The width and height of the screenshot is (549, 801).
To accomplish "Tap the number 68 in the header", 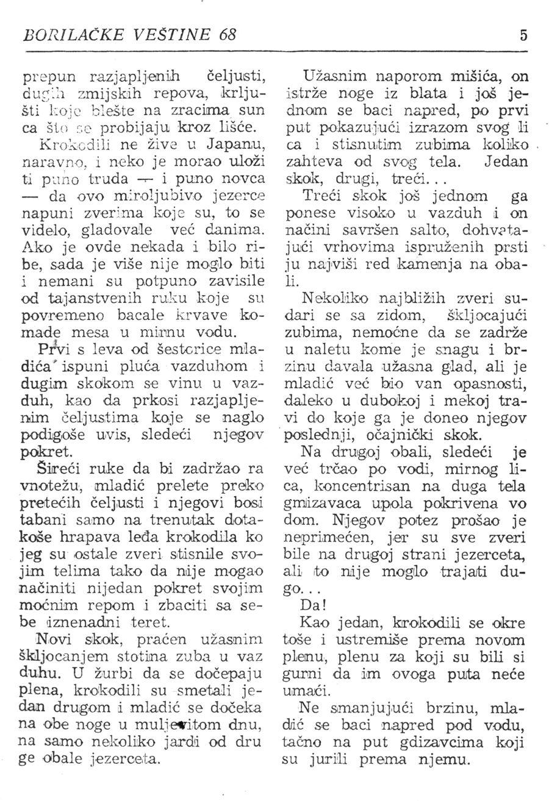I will (x=226, y=35).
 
